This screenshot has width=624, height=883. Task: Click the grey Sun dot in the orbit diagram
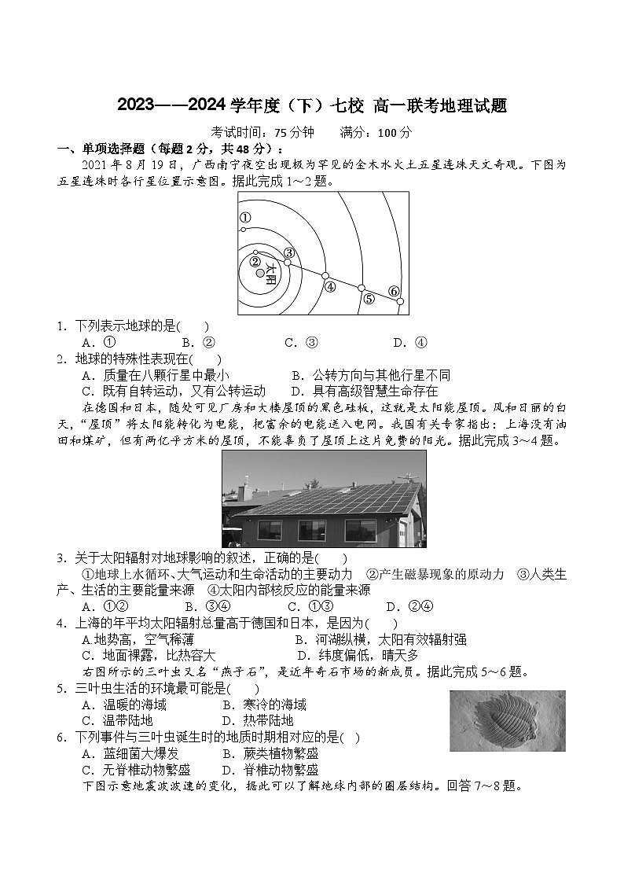(x=260, y=273)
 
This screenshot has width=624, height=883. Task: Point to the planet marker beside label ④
(x=325, y=275)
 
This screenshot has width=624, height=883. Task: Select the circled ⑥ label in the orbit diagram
(x=394, y=291)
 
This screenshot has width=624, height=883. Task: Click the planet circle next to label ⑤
(x=362, y=289)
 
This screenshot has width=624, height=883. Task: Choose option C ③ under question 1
(x=301, y=342)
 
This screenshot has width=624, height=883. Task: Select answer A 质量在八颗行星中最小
(x=156, y=375)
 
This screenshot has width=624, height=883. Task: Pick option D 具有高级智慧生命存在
(x=364, y=391)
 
